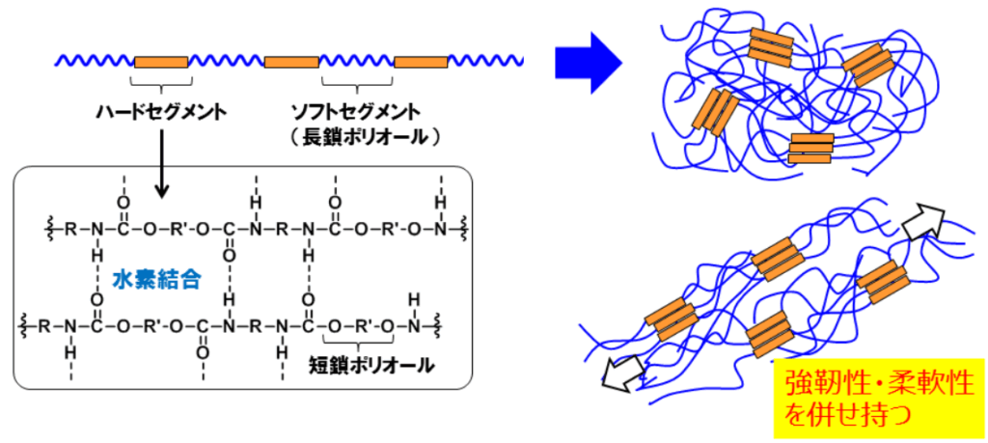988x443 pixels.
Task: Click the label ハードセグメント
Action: pyautogui.click(x=161, y=112)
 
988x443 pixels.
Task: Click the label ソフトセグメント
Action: pyautogui.click(x=359, y=112)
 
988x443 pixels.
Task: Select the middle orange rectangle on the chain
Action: pyautogui.click(x=291, y=63)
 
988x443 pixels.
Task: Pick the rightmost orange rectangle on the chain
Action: pyautogui.click(x=421, y=63)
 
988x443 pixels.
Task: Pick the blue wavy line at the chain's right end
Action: pyautogui.click(x=485, y=63)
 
